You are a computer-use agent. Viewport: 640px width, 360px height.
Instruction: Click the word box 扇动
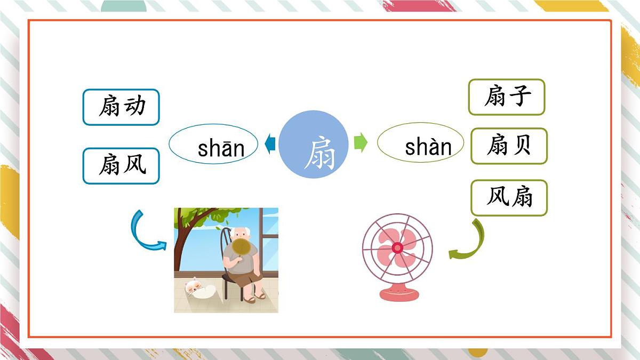click(x=121, y=107)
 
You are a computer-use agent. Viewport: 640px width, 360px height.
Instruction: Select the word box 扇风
click(x=121, y=166)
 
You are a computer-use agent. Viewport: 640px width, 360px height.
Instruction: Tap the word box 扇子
click(x=507, y=97)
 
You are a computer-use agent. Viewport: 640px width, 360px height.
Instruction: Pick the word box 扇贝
click(x=509, y=146)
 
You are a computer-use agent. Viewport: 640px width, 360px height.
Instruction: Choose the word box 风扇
click(x=509, y=198)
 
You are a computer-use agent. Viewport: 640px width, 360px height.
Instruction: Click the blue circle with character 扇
click(x=314, y=144)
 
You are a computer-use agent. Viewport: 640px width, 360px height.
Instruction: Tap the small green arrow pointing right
click(x=361, y=143)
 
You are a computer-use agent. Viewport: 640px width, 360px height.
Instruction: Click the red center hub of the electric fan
click(x=397, y=248)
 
